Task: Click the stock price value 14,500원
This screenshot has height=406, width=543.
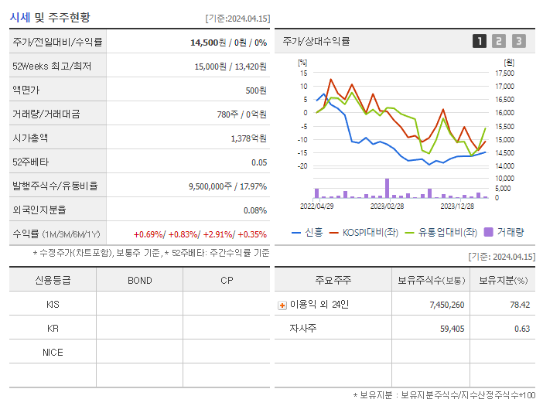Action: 209,42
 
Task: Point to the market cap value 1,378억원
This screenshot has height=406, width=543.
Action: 248,138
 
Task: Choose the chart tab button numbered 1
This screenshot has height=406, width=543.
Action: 480,41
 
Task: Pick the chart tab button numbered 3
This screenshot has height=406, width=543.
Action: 518,41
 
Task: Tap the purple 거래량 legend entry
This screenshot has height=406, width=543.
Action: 504,231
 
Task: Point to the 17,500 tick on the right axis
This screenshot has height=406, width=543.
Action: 504,73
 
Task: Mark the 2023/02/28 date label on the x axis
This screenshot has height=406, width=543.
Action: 387,206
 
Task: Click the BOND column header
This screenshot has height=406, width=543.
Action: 139,280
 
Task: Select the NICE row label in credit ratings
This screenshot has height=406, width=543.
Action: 53,352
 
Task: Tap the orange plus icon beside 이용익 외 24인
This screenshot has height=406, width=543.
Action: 282,305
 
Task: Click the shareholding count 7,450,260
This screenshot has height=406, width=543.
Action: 446,305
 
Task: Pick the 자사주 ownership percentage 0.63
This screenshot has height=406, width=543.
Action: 521,329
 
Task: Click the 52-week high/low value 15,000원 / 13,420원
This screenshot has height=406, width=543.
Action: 231,67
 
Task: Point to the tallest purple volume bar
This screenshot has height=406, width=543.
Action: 387,188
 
